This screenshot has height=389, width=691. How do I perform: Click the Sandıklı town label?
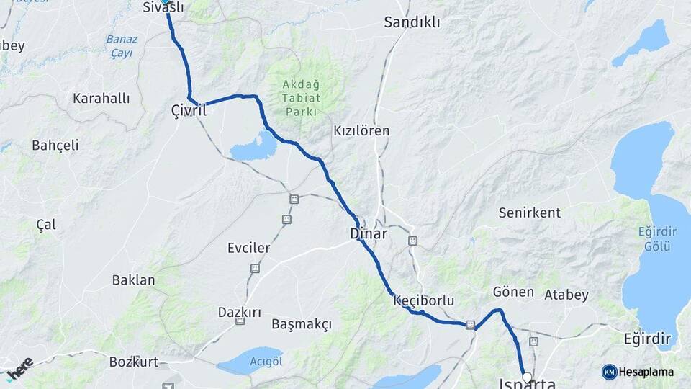click(412, 22)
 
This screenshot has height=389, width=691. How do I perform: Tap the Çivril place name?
click(189, 111)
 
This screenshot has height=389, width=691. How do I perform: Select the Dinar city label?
click(369, 233)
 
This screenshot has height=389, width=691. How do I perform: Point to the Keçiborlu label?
click(424, 300)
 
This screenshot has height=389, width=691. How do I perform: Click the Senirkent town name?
click(530, 213)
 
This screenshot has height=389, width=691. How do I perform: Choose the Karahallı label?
click(101, 98)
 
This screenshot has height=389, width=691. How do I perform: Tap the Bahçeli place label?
click(55, 145)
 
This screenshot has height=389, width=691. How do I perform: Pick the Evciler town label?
click(248, 248)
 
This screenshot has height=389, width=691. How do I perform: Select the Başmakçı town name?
click(302, 324)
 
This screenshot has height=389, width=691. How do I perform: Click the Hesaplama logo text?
click(646, 372)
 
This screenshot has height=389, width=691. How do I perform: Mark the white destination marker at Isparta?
click(527, 377)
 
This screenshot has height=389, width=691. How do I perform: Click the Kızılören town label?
click(361, 131)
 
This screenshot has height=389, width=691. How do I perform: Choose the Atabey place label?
click(566, 294)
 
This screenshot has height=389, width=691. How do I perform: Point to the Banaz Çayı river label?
click(121, 46)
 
